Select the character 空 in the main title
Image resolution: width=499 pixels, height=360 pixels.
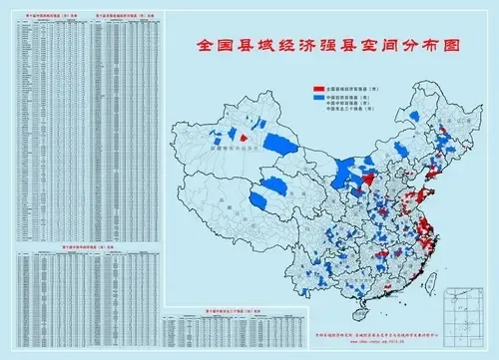(x=379, y=46)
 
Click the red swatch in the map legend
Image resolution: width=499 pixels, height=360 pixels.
(x=318, y=89)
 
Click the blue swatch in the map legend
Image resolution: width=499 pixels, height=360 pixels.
(x=318, y=100)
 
